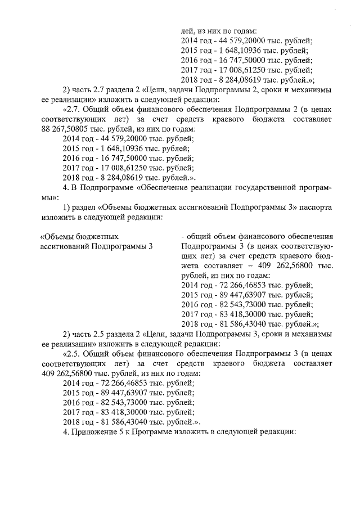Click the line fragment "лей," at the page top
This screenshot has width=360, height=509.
[x=188, y=31]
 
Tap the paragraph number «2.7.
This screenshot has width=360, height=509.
[x=73, y=109]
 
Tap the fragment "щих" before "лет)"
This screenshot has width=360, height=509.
[x=189, y=255]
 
